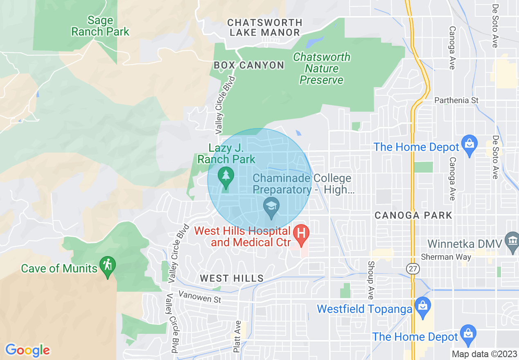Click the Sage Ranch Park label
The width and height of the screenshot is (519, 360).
[101, 26]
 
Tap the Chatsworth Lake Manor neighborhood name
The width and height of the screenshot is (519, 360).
[265, 27]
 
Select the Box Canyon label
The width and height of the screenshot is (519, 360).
[249, 65]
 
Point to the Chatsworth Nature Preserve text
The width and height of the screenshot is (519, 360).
[322, 68]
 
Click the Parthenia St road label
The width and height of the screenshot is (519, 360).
[456, 100]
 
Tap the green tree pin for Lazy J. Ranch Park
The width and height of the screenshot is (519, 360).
[225, 177]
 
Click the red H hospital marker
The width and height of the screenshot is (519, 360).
[301, 235]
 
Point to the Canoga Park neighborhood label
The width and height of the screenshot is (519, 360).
[413, 215]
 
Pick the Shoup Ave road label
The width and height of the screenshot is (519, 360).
[370, 280]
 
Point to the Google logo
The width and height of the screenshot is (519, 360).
[27, 350]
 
